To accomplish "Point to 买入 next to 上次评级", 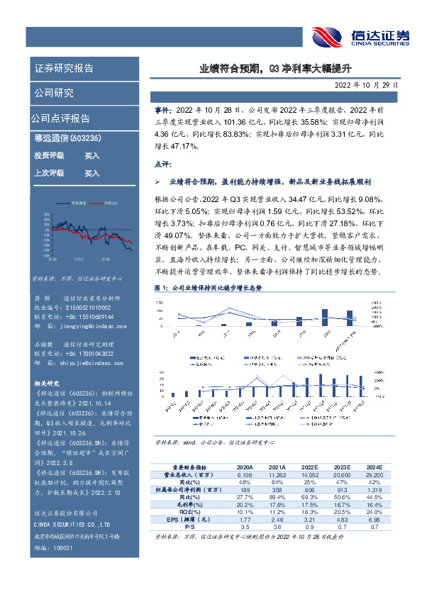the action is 92,172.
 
